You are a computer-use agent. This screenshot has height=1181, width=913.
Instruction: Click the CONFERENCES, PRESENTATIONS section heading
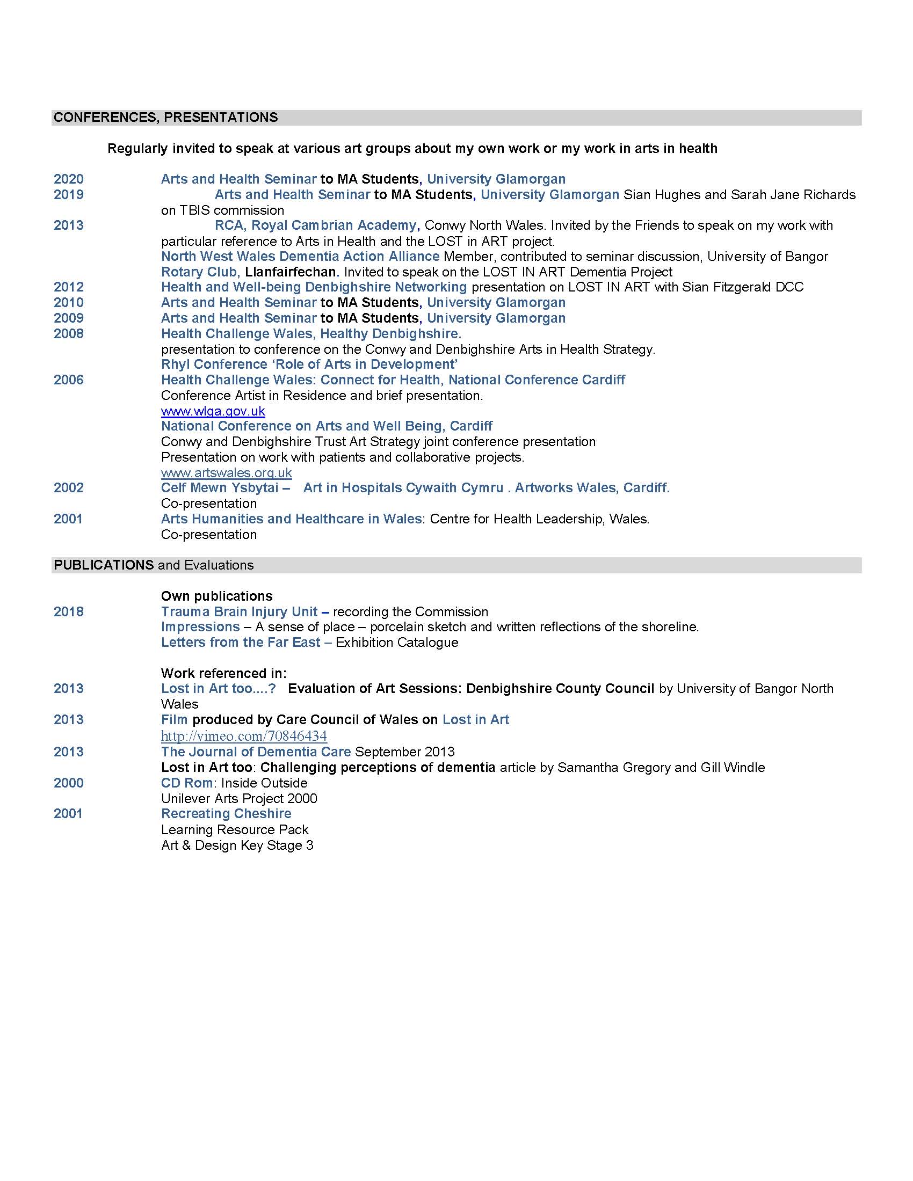pyautogui.click(x=165, y=118)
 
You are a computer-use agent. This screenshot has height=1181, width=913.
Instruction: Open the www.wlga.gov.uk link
pyautogui.click(x=213, y=411)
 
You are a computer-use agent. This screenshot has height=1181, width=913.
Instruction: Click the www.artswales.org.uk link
pyautogui.click(x=226, y=472)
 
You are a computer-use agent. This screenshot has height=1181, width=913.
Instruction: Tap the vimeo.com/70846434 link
pyautogui.click(x=244, y=736)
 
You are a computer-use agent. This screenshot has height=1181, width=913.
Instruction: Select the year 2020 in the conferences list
pyautogui.click(x=69, y=179)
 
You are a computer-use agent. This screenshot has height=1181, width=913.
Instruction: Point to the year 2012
pyautogui.click(x=69, y=287)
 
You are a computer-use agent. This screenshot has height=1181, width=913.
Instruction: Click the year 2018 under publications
pyautogui.click(x=69, y=611)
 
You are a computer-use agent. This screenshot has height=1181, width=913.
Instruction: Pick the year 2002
pyautogui.click(x=69, y=488)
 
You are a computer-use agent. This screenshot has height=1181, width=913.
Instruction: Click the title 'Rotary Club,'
pyautogui.click(x=200, y=272)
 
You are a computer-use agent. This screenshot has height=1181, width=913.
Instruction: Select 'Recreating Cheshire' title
pyautogui.click(x=226, y=814)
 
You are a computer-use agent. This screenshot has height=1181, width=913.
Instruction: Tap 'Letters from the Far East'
pyautogui.click(x=241, y=643)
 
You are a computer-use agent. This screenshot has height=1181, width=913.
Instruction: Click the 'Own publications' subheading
pyautogui.click(x=216, y=596)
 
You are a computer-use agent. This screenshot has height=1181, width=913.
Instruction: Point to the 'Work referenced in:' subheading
pyautogui.click(x=223, y=673)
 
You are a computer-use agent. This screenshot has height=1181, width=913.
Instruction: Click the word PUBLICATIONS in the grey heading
pyautogui.click(x=103, y=565)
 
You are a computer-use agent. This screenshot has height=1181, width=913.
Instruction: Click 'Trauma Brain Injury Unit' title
pyautogui.click(x=239, y=611)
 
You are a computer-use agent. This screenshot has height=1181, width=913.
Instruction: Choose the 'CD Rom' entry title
pyautogui.click(x=186, y=783)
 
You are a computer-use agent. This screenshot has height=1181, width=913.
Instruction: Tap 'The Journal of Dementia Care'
pyautogui.click(x=256, y=752)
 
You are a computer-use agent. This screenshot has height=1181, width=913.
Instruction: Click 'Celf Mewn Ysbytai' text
pyautogui.click(x=220, y=488)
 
